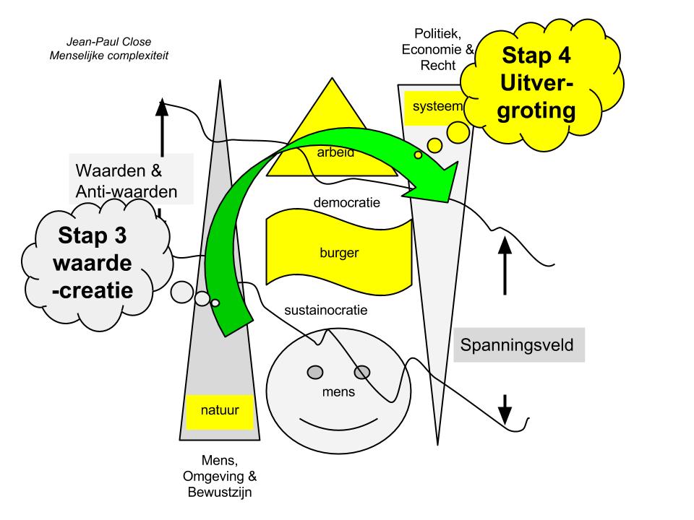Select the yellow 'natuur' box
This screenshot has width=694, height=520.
pos(212,412)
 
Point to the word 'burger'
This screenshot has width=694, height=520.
pos(339,253)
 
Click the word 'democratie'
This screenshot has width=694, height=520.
pos(347,203)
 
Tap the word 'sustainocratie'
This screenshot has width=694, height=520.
pos(326,311)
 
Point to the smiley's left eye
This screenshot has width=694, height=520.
pos(315,372)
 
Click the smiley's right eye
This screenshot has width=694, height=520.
pos(362,372)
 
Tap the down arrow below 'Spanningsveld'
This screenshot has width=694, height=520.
pos(505,409)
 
